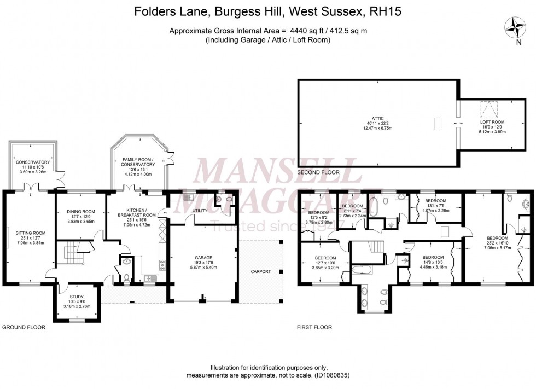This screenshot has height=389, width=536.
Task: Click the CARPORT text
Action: (260, 271)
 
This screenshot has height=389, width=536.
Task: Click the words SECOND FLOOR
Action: (318, 172)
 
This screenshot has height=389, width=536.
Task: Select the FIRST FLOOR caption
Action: (314, 327)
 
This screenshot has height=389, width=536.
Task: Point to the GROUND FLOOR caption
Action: (24, 327)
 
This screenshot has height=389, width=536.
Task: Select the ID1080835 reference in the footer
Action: (329, 375)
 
